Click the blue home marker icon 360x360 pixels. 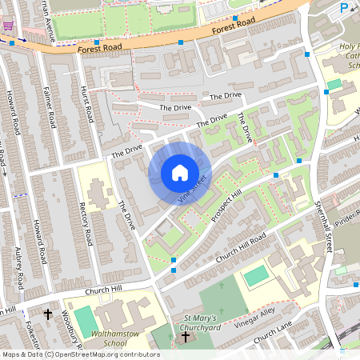pos(180,173)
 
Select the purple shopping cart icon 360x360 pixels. pos(8,26)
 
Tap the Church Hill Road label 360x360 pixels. pos(239,245)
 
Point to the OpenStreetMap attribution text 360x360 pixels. pos(81,354)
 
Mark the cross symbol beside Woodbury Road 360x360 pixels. pos(48,315)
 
